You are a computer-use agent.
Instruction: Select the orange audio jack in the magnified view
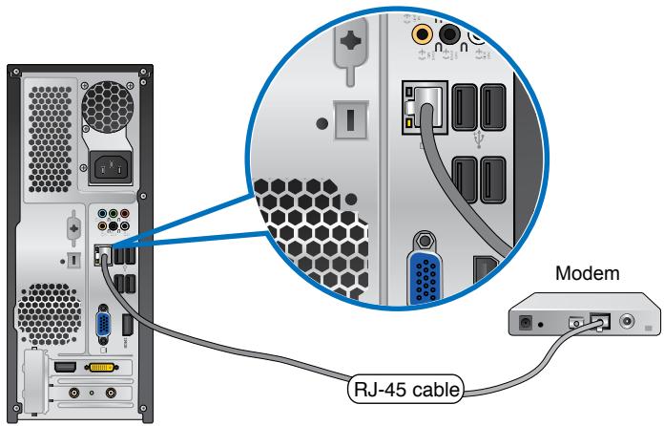tap(422, 35)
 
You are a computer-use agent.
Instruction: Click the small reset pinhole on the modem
tap(542, 324)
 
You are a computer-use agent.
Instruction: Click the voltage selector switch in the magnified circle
tap(348, 123)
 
